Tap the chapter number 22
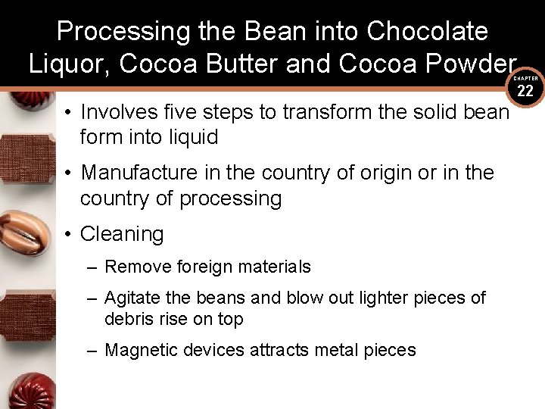click(x=526, y=92)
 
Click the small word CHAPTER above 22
click(x=526, y=78)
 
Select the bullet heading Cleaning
click(x=122, y=234)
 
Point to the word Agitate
click(x=134, y=298)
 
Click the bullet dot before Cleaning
click(x=67, y=235)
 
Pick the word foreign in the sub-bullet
click(x=203, y=267)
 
